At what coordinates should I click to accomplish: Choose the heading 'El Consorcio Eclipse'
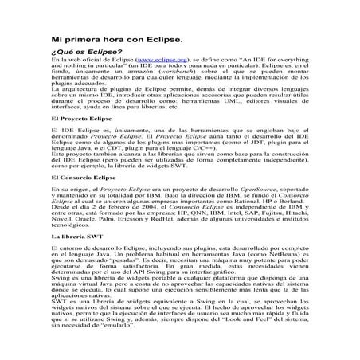tap(84, 195)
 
